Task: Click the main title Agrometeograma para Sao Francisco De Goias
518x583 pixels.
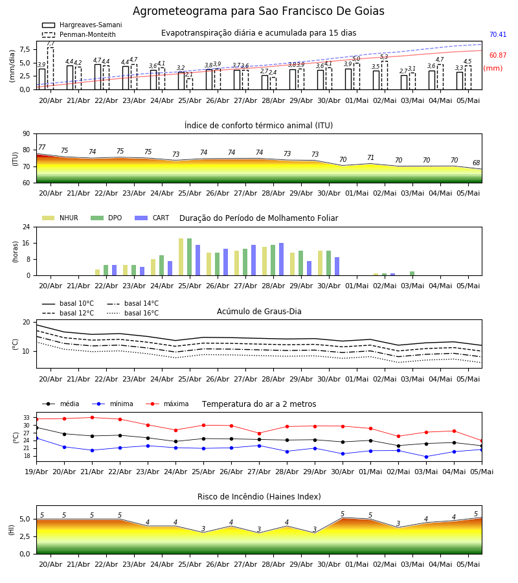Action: (x=258, y=11)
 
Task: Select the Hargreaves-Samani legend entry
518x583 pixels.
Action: (x=82, y=25)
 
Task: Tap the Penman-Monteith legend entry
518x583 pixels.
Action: (x=79, y=34)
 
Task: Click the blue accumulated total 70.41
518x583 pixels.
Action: (x=498, y=34)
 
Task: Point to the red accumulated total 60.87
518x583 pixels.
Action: (x=498, y=56)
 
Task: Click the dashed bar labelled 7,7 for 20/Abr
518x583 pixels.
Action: (x=51, y=69)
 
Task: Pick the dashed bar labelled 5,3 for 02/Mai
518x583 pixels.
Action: (x=385, y=76)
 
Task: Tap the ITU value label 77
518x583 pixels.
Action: (x=42, y=147)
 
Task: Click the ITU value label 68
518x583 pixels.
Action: (x=477, y=163)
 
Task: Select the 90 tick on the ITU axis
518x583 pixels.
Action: (x=27, y=134)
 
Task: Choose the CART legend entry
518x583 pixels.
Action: (x=152, y=218)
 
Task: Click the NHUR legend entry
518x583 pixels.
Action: (x=60, y=218)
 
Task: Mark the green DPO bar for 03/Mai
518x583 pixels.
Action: (x=412, y=273)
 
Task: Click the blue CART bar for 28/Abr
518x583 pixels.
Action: (x=281, y=260)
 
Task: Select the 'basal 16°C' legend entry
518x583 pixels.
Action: (x=133, y=313)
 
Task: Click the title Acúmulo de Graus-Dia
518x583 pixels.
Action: (x=259, y=312)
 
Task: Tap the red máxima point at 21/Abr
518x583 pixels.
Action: (x=92, y=418)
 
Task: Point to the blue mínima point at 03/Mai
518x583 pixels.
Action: (x=426, y=457)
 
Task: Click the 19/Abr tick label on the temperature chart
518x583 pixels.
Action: (x=36, y=472)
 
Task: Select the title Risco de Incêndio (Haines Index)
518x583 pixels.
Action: (x=259, y=497)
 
